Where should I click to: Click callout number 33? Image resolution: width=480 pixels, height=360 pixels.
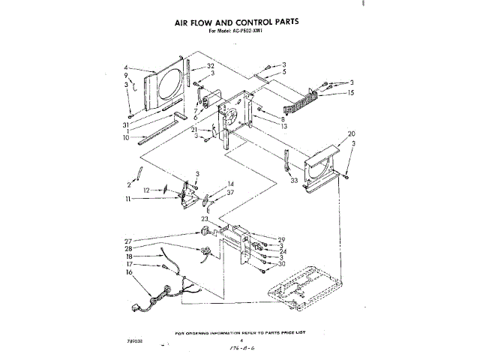(x=294, y=180)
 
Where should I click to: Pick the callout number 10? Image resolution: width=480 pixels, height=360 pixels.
(x=127, y=138)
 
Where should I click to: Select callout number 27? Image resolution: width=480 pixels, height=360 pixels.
(x=128, y=241)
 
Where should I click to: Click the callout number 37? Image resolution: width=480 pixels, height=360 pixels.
(x=231, y=192)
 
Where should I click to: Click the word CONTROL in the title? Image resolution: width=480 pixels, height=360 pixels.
(x=247, y=22)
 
